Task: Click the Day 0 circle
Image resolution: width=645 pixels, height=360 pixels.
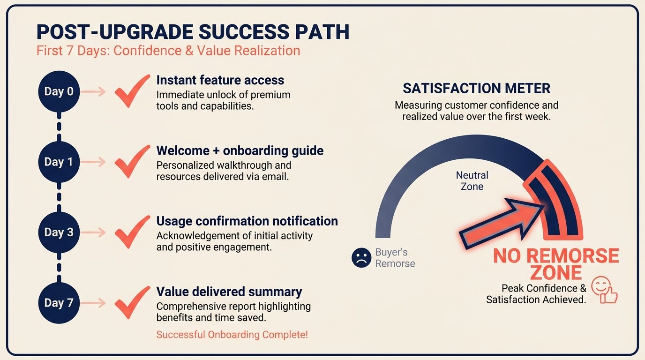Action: click(x=59, y=91)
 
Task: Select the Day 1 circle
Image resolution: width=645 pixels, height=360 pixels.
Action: click(x=59, y=162)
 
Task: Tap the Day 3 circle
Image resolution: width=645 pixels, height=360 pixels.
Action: click(x=59, y=232)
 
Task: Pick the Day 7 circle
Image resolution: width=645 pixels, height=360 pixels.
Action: click(x=59, y=303)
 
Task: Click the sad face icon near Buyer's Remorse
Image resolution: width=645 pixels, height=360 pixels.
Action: click(x=361, y=258)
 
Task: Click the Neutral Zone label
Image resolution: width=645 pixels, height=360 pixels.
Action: click(x=472, y=180)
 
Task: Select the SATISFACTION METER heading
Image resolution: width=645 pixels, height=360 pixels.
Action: click(x=476, y=88)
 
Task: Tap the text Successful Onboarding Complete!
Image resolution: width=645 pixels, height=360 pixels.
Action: click(x=232, y=335)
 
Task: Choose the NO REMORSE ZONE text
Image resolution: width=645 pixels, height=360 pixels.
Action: click(x=556, y=264)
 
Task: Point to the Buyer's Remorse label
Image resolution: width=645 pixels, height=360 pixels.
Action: click(x=395, y=258)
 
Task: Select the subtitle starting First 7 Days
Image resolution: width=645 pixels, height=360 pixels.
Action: click(x=168, y=51)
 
